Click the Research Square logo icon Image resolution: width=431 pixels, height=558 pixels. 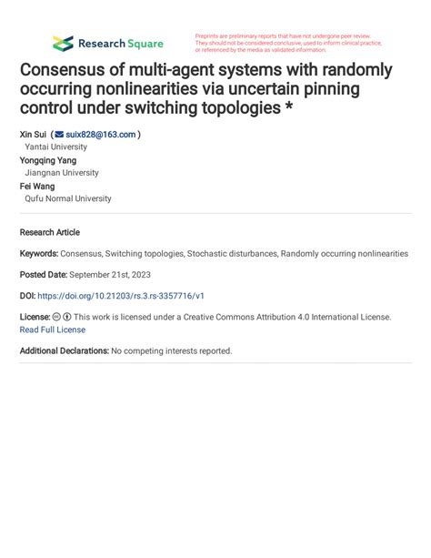click(x=63, y=43)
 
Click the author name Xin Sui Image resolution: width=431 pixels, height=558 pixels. click(x=33, y=135)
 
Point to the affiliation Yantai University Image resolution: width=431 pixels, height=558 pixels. click(x=56, y=147)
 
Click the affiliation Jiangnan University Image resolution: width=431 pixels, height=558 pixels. click(x=62, y=173)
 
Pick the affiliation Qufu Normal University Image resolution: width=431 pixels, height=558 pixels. click(x=68, y=198)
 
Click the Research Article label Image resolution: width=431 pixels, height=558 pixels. click(x=50, y=232)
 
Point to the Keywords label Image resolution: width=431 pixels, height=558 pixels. click(x=38, y=254)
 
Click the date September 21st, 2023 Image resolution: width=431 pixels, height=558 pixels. click(x=114, y=275)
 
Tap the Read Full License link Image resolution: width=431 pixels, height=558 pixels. click(x=53, y=330)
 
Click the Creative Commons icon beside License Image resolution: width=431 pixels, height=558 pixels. click(x=56, y=318)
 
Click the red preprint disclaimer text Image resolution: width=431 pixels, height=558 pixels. click(x=286, y=43)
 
